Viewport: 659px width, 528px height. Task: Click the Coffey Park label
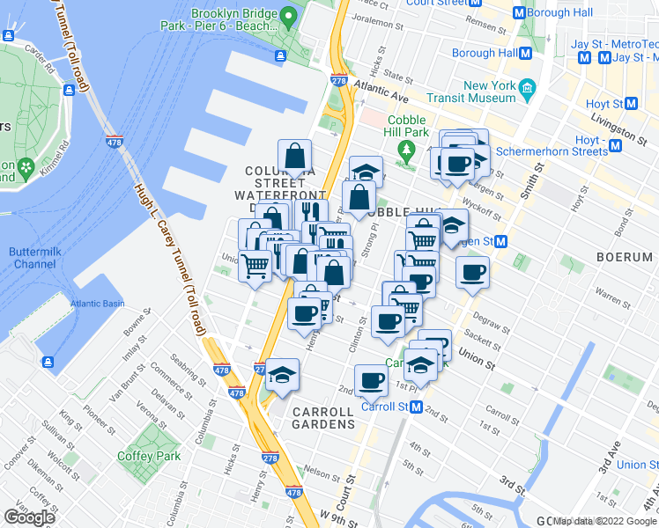coord(149,456)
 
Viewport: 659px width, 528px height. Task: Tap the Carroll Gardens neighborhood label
coord(324,417)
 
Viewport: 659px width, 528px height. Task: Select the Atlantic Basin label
coord(98,304)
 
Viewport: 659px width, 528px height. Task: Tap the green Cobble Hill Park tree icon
coord(405,148)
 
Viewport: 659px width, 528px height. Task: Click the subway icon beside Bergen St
coord(500,241)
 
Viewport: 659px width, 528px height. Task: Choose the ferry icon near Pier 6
coord(280,56)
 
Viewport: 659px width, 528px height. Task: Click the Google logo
coord(29,517)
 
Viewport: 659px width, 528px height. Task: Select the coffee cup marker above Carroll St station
coord(371,380)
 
